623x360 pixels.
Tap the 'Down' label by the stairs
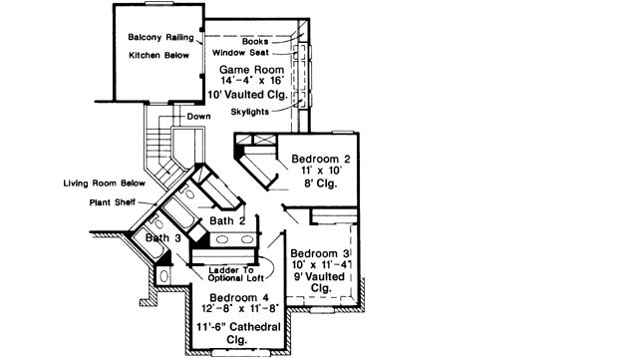(x=199, y=117)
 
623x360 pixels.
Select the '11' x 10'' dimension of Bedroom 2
(x=319, y=172)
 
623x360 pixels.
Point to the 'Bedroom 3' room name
(x=321, y=254)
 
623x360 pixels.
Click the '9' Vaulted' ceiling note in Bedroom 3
(x=321, y=278)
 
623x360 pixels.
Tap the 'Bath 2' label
(x=228, y=220)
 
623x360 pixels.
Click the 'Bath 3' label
(x=162, y=238)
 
